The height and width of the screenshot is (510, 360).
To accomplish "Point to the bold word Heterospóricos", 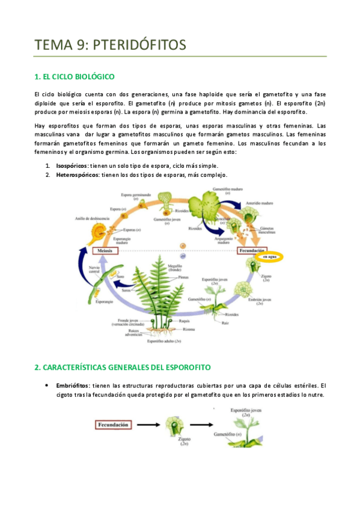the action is pyautogui.click(x=78, y=174).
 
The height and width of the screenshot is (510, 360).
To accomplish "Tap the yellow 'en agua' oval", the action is pyautogui.click(x=271, y=257).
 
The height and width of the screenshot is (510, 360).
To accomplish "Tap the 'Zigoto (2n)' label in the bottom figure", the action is pyautogui.click(x=185, y=442).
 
